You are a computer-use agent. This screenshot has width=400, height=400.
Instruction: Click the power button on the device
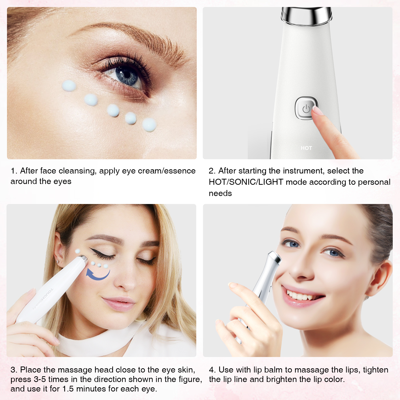[x=306, y=108]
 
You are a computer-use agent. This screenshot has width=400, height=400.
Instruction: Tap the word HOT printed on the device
[x=306, y=148]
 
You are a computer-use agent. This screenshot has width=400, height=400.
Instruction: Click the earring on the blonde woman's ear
[x=57, y=261]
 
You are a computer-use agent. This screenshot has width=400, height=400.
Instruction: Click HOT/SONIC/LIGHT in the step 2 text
[x=246, y=182]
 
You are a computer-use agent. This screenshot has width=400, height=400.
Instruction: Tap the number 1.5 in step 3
[x=68, y=389]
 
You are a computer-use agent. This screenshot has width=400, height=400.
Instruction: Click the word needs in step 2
[x=220, y=193]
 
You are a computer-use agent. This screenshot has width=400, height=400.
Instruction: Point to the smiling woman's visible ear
[x=380, y=277]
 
